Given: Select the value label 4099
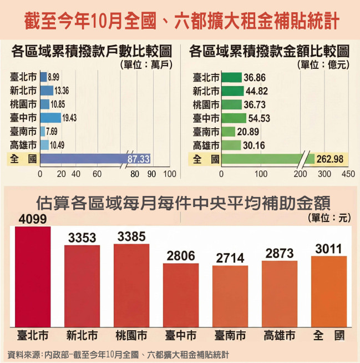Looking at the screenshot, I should tap(33, 220).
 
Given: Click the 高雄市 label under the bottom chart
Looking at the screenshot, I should tap(279, 336).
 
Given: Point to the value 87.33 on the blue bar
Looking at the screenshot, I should tap(139, 159).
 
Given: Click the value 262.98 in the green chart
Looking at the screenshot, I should tap(329, 159).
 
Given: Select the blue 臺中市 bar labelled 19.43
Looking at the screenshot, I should tap(50, 118).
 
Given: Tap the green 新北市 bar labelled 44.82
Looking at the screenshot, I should tap(232, 91).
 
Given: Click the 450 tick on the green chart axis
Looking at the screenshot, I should tap(348, 174).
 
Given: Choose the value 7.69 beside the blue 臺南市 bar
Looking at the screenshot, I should tap(54, 132).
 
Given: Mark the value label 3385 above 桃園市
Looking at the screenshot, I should tap(131, 236).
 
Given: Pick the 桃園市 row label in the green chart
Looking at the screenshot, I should tap(205, 104).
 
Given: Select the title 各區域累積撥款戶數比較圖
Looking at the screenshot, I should tap(92, 52).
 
